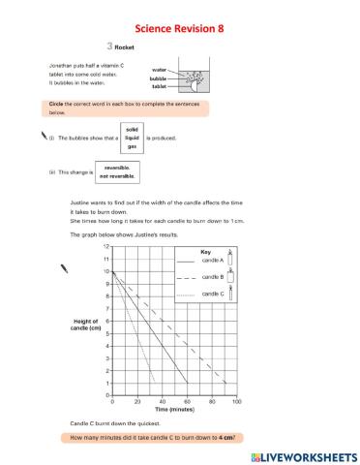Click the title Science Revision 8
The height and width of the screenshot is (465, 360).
pos(180,29)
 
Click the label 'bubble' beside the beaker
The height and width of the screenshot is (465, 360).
pos(158,78)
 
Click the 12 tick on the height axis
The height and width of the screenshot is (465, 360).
pos(106,247)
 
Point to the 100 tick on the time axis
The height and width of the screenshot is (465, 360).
pos(236,401)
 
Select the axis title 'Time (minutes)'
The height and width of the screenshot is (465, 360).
pos(174,411)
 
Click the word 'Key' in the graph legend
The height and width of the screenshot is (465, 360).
pos(205,251)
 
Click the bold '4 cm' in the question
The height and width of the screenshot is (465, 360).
pos(227,439)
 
